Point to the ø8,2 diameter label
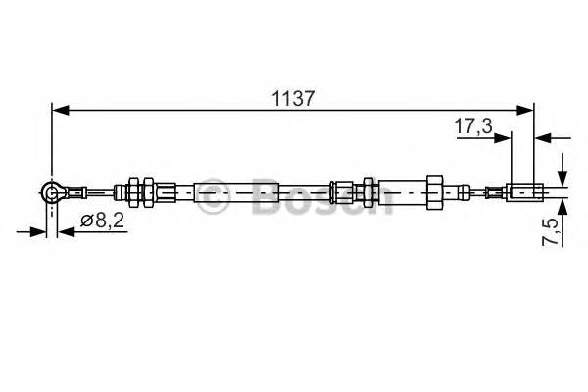[100, 221]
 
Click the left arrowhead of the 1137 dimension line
[58, 111]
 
